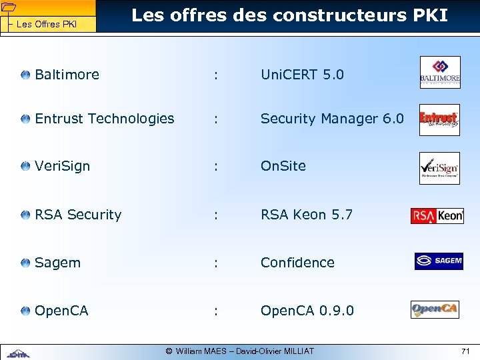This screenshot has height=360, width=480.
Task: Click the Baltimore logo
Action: (x=439, y=73)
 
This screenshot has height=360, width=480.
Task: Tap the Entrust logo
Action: (x=439, y=120)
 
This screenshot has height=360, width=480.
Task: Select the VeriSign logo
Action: (x=439, y=168)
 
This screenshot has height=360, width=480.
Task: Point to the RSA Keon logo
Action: (x=437, y=215)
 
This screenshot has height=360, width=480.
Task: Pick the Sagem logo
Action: (x=438, y=261)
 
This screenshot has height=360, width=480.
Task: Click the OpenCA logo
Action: (x=435, y=310)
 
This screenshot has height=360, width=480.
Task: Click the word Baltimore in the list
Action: (x=67, y=75)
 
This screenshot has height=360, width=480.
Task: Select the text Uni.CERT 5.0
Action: (x=302, y=75)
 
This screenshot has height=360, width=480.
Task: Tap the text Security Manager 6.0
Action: (x=332, y=119)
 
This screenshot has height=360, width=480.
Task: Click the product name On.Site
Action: (x=283, y=166)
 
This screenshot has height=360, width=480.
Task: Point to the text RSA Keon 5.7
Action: (x=306, y=215)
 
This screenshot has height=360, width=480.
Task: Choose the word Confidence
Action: (x=297, y=263)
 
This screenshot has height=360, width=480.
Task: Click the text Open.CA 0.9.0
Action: (x=307, y=311)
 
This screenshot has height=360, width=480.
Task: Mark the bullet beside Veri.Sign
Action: (x=25, y=166)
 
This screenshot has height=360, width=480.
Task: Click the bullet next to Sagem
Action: (x=25, y=263)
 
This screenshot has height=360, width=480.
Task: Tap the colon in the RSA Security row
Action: (x=215, y=215)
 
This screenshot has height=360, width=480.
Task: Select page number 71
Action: (x=465, y=351)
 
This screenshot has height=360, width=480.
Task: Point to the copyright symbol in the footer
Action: (x=169, y=351)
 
